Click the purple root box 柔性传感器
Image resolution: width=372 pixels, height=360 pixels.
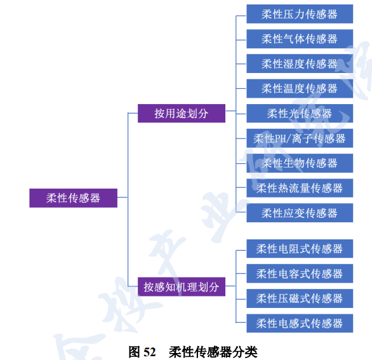73,198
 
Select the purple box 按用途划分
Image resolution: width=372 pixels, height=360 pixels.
182,113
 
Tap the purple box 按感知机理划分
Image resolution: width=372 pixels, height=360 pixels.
182,286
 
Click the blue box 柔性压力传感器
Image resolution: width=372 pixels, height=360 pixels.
300,14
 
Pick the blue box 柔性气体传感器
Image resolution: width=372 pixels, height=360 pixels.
300,39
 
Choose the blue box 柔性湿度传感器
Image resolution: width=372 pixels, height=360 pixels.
300,63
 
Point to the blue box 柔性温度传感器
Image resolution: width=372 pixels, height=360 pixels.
300,88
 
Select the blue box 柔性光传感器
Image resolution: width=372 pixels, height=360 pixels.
300,113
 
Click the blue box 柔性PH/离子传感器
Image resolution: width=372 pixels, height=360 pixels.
300,138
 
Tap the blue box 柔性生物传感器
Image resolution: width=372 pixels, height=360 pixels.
300,163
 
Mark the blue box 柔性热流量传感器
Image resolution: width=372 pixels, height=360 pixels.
300,188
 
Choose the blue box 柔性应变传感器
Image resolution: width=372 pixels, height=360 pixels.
300,213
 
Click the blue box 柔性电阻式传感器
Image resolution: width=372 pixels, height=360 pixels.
300,248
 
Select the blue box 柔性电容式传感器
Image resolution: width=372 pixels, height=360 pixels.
300,274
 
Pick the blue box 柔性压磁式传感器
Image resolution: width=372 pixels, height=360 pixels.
300,298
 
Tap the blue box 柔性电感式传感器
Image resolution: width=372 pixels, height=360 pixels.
300,323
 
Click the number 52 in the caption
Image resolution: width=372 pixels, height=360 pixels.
149,352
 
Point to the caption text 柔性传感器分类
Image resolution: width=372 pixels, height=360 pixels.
213,352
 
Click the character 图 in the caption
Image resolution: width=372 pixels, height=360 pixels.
134,352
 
